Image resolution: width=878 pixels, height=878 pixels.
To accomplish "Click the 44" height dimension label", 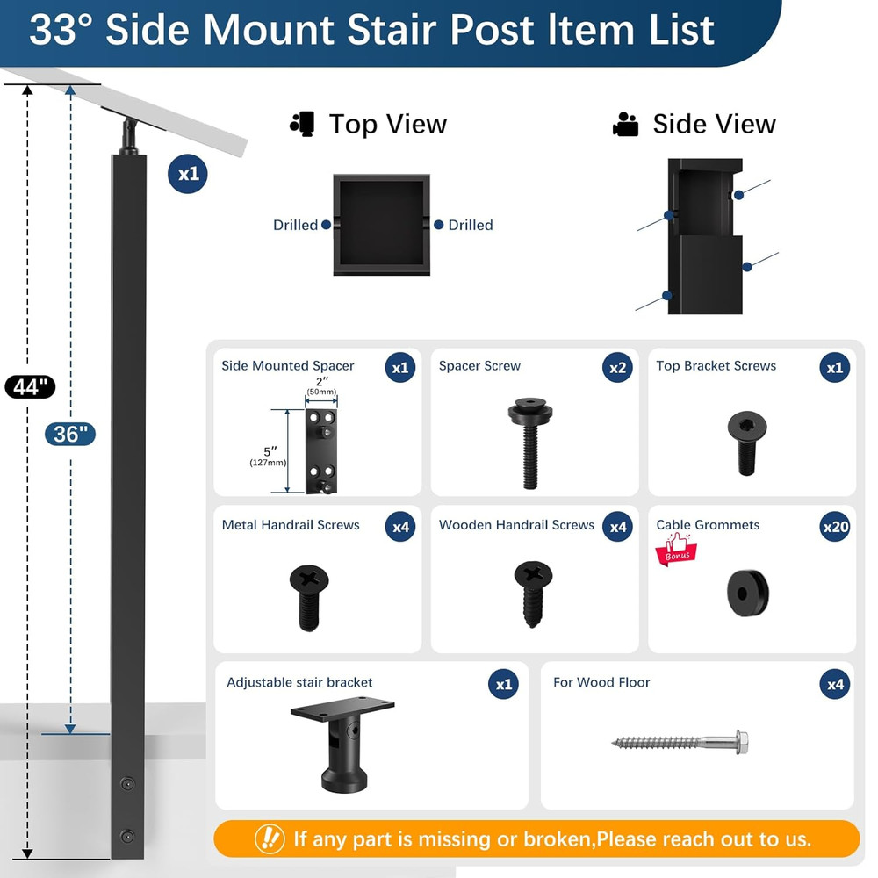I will [30, 386].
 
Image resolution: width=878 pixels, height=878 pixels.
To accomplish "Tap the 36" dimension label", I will [69, 433].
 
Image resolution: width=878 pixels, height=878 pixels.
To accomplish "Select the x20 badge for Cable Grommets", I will [835, 527].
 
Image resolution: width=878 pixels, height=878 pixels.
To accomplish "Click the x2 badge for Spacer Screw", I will [618, 368].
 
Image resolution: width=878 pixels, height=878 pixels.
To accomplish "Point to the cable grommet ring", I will [747, 593].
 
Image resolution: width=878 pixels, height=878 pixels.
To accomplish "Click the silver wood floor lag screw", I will [680, 743].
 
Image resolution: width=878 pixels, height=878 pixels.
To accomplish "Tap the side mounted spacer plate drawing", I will [321, 450].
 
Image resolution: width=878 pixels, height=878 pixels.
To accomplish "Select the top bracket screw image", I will [747, 442].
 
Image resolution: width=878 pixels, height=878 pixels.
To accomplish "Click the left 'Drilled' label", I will [295, 226].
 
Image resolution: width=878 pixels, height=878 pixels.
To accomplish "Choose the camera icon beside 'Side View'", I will [626, 125].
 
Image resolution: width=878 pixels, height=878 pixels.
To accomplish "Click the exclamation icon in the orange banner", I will [270, 838].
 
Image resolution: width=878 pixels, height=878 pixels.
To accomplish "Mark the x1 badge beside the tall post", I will [189, 174].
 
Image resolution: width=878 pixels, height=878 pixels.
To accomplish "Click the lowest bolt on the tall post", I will [128, 836].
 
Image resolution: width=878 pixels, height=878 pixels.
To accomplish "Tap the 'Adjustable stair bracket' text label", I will [299, 682].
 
